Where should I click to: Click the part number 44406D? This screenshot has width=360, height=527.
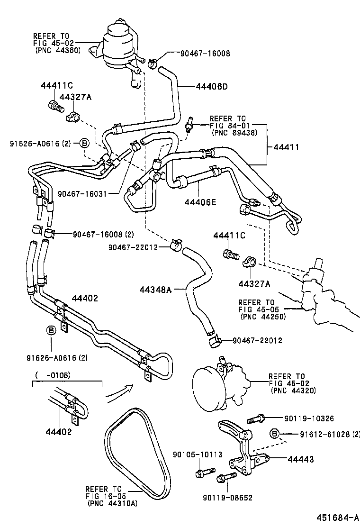[211, 87]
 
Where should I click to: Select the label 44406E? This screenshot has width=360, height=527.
[200, 202]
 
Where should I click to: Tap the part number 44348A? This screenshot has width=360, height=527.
[155, 290]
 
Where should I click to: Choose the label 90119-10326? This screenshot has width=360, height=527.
[309, 418]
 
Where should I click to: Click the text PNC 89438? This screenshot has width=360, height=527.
[234, 133]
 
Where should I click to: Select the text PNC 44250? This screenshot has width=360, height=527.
[263, 317]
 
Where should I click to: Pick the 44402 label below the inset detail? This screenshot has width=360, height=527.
[59, 431]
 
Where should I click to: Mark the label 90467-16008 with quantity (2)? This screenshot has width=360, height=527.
[103, 234]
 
